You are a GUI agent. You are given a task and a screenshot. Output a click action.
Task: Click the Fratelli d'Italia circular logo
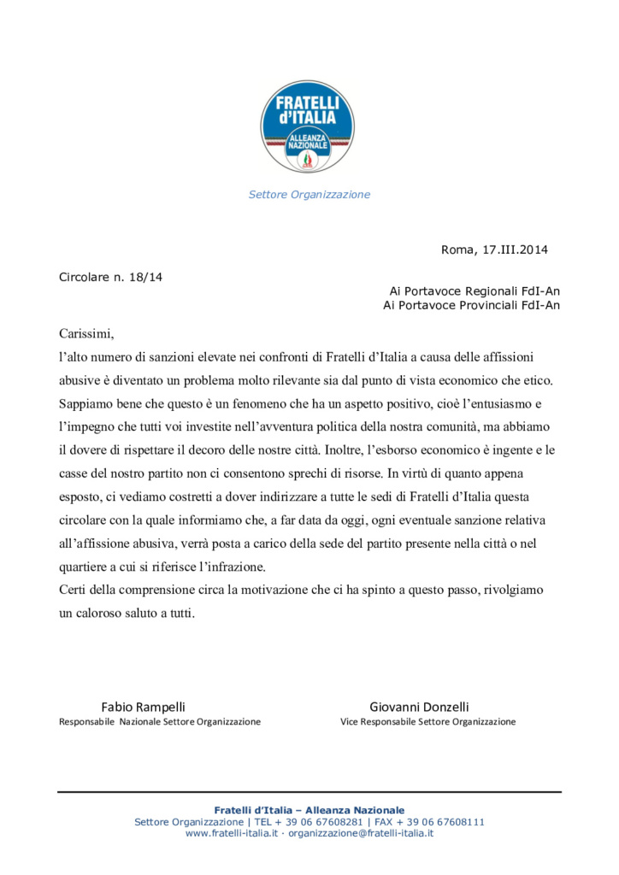tap(309, 126)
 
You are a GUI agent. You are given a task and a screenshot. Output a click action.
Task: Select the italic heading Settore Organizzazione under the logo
tap(309, 195)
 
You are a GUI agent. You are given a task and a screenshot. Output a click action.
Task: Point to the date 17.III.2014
tap(515, 250)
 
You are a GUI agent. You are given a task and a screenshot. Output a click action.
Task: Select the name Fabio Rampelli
tap(143, 707)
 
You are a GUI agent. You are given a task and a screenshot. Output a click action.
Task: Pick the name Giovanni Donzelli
tap(419, 707)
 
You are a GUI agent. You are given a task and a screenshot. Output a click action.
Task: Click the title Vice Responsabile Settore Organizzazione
tap(427, 722)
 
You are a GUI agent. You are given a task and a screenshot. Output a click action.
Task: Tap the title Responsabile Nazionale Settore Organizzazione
tap(160, 722)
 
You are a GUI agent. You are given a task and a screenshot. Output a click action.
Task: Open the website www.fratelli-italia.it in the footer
tap(232, 833)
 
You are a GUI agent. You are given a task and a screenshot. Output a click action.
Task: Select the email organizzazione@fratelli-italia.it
tap(361, 833)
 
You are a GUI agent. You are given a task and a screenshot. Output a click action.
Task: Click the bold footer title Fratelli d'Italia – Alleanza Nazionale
tap(309, 810)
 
